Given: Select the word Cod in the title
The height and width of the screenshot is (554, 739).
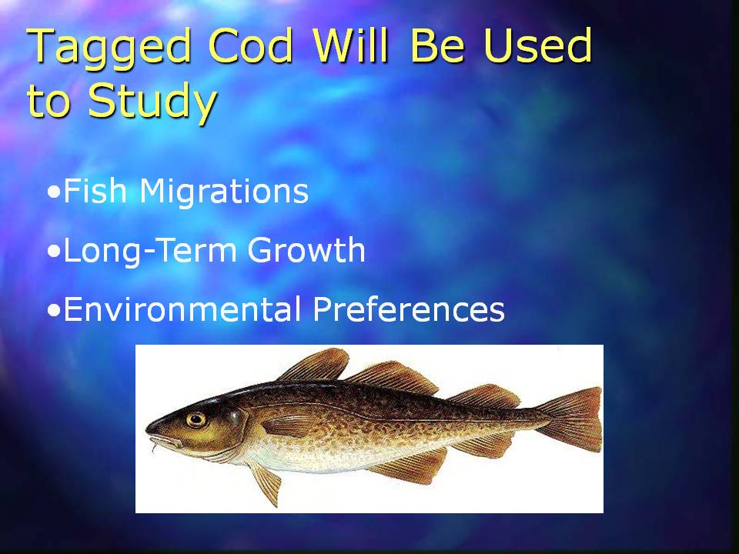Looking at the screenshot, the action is pyautogui.click(x=251, y=45).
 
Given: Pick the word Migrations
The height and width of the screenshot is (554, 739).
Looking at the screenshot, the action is pyautogui.click(x=224, y=192).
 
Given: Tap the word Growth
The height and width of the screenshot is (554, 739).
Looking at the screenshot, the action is pyautogui.click(x=306, y=249).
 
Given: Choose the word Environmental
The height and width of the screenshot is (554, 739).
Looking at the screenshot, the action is pyautogui.click(x=182, y=309).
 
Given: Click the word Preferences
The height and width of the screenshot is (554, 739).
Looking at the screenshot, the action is pyautogui.click(x=409, y=309).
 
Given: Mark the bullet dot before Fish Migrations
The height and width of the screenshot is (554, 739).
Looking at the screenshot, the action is pyautogui.click(x=54, y=192).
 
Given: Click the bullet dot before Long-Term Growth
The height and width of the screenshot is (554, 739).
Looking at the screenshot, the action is pyautogui.click(x=54, y=252).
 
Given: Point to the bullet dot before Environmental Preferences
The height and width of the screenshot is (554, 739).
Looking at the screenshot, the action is pyautogui.click(x=54, y=310).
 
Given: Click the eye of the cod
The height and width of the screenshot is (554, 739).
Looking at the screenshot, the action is pyautogui.click(x=196, y=419).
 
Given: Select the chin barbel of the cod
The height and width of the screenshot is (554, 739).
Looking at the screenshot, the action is pyautogui.click(x=153, y=446).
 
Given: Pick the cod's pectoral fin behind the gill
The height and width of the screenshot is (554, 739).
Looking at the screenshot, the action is pyautogui.click(x=287, y=426).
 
